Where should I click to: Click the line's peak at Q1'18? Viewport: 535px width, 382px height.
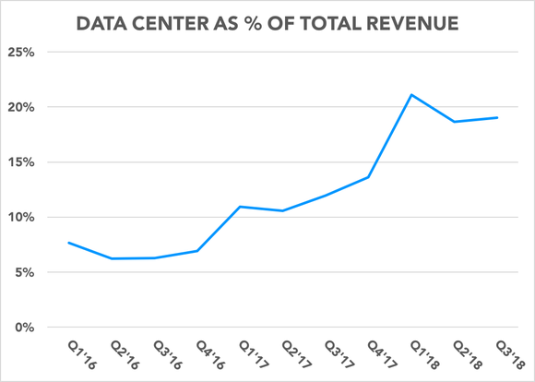coord(410,95)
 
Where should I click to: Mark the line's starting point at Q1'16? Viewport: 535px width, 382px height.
coord(68,243)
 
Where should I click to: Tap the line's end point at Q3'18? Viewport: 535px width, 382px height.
coord(497,117)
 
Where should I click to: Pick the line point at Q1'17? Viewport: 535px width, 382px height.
coord(240,207)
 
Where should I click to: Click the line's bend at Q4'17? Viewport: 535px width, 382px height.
coord(368,177)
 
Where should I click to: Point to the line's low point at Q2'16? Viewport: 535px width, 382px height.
coord(112,258)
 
